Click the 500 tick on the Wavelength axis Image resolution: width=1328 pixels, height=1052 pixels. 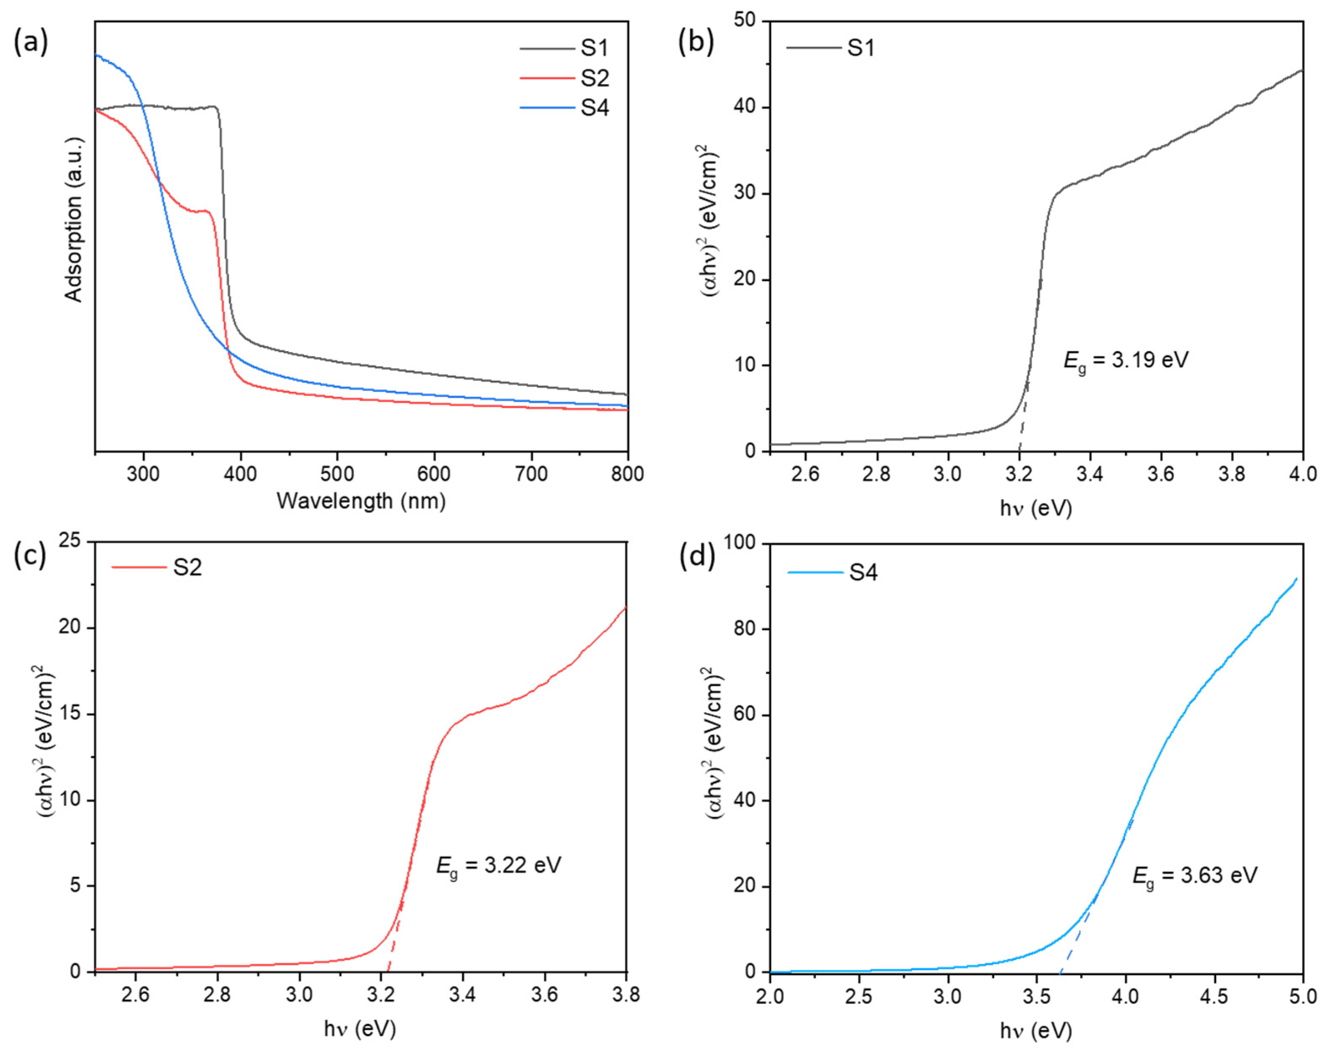(338, 474)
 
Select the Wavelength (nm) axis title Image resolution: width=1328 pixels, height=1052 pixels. (361, 501)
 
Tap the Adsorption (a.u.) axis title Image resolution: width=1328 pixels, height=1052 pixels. (73, 219)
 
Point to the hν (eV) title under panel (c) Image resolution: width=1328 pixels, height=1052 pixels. (360, 1029)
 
